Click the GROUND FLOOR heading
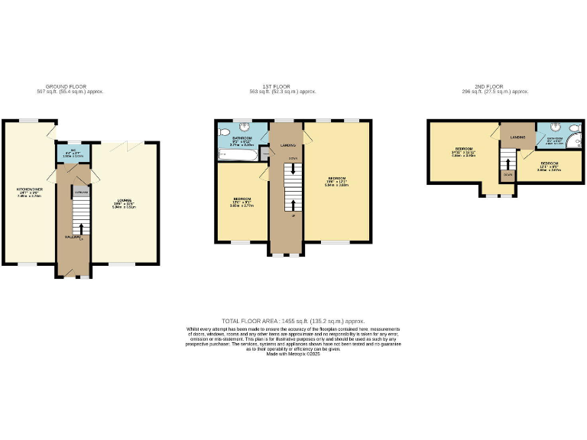(x=73, y=87)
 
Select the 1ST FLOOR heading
(x=293, y=87)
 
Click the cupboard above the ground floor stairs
(x=82, y=192)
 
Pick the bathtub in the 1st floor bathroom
(x=236, y=155)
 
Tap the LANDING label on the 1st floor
(x=288, y=144)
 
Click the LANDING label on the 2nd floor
(x=517, y=137)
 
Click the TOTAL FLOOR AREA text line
(x=293, y=322)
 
